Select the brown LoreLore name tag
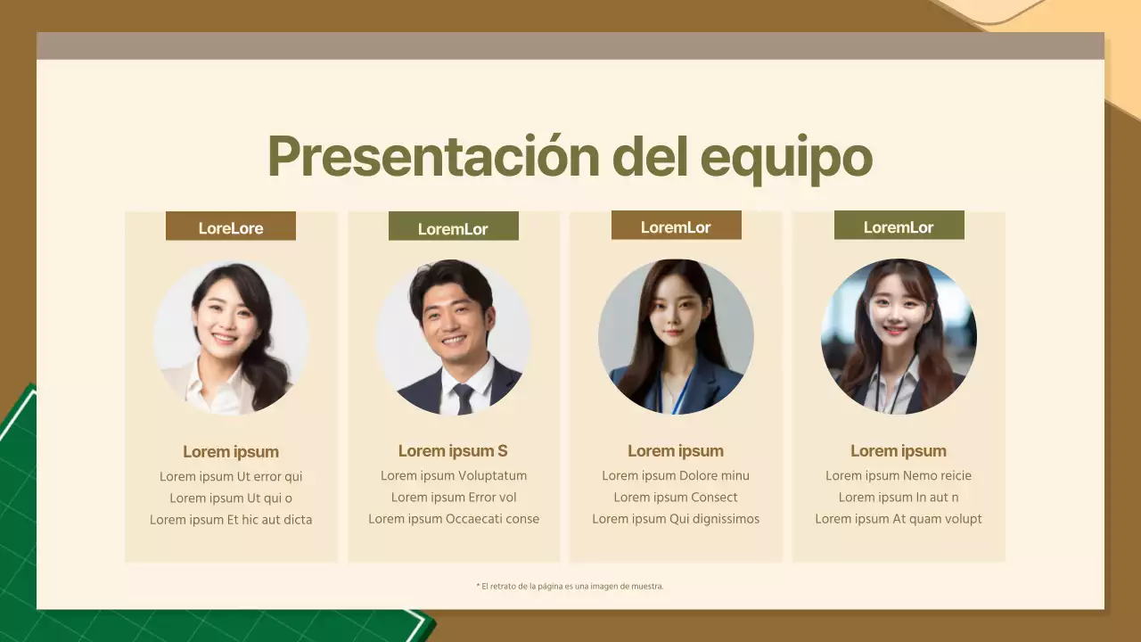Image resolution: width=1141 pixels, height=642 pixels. tap(230, 226)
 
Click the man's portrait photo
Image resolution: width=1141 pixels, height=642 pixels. tap(453, 337)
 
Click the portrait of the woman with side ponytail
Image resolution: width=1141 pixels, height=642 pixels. tap(231, 338)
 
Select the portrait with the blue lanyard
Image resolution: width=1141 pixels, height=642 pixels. tap(676, 337)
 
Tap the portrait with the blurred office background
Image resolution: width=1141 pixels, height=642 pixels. tap(899, 337)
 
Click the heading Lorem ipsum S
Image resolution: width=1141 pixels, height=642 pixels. tap(453, 451)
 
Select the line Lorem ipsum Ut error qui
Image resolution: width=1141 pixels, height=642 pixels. tap(231, 476)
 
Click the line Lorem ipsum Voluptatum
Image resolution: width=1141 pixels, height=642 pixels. tap(453, 475)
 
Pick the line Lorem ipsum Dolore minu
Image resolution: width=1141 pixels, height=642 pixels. tap(676, 475)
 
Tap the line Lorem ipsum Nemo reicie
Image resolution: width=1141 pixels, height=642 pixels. tap(899, 475)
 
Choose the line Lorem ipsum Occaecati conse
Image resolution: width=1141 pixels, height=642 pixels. tap(453, 519)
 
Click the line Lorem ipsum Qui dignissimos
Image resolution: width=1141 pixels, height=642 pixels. tap(676, 519)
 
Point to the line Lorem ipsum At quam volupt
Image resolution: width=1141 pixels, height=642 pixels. tap(899, 519)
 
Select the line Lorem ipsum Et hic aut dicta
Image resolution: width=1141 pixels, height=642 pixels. tap(231, 520)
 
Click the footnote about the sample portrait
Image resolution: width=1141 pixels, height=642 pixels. tap(570, 587)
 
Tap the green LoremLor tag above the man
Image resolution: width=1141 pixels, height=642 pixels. tap(453, 227)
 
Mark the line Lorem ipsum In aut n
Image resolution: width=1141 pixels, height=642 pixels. tap(899, 498)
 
